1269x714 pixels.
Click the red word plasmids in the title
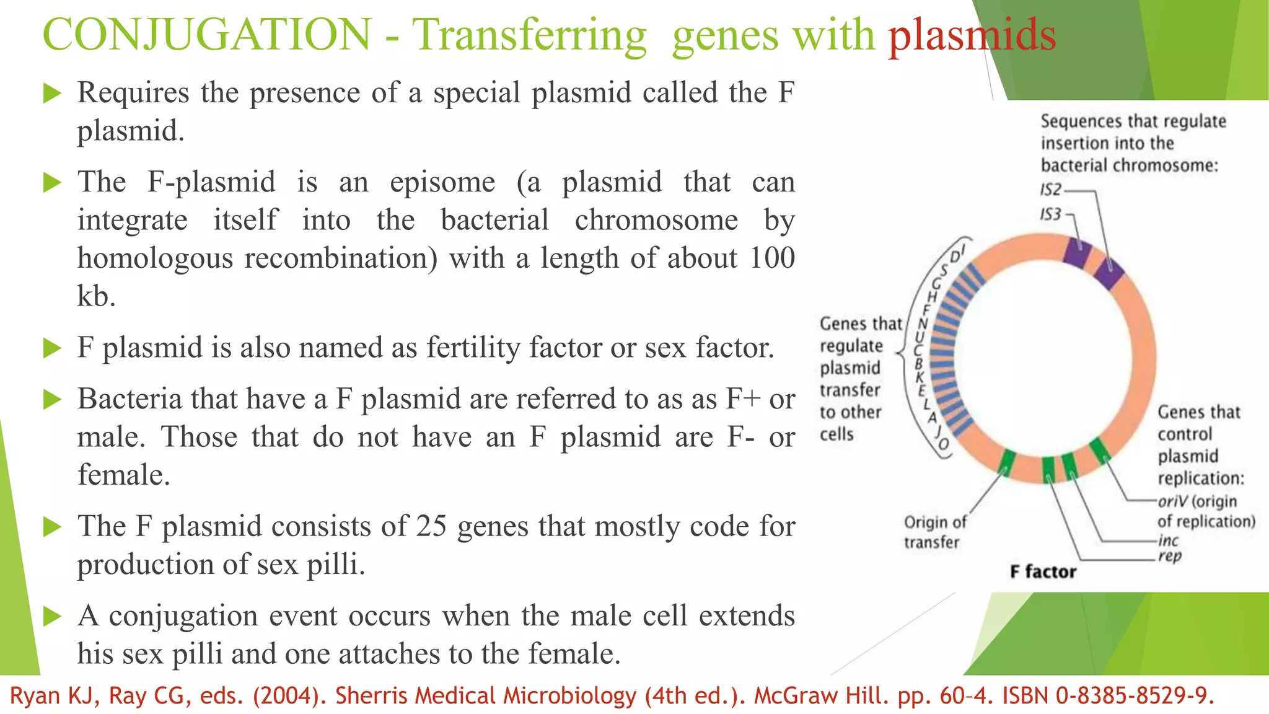click(x=972, y=35)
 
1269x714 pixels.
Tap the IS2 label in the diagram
click(x=1051, y=190)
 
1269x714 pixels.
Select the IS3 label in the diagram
click(x=1050, y=214)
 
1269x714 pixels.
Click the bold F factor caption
click(x=1043, y=571)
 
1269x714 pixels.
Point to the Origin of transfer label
click(x=934, y=532)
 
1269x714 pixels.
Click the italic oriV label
click(x=1172, y=501)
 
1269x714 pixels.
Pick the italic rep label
click(x=1170, y=556)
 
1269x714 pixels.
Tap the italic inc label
click(x=1168, y=540)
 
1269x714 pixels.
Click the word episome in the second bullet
click(x=442, y=182)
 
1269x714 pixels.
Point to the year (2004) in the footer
click(x=289, y=696)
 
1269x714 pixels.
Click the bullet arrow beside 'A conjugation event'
click(x=53, y=617)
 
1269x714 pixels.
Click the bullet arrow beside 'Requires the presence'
click(x=53, y=94)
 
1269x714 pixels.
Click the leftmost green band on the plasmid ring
click(x=1007, y=462)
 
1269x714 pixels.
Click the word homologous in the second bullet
click(x=155, y=258)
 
